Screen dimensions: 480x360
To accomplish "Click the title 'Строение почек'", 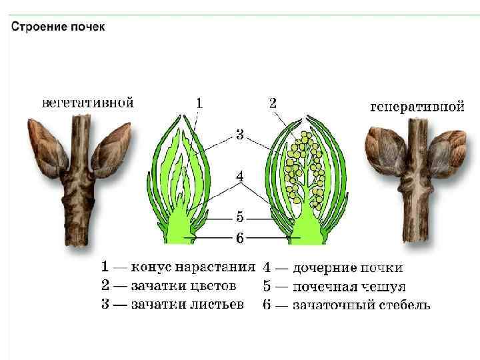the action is coord(57,27).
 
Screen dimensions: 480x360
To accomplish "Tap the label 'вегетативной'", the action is coord(88,103).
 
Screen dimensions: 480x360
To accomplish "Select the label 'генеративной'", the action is coord(417,107).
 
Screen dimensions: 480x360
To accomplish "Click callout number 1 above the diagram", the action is coord(199,103).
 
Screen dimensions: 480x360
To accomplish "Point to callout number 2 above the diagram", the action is coord(273,103).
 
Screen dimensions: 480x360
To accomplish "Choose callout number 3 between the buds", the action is coord(239,135).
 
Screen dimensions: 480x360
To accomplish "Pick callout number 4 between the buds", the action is coord(239,177).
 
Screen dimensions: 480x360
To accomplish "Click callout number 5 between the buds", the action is coord(239,217).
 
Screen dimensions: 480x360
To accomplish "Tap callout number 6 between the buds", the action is coord(239,236).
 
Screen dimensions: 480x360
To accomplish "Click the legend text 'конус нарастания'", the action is coord(193,267).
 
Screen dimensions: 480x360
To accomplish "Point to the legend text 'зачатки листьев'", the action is coord(187,305).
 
